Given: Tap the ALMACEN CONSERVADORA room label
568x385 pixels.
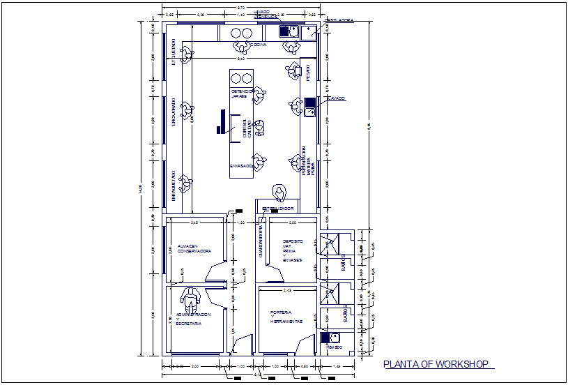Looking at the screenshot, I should click(189, 249).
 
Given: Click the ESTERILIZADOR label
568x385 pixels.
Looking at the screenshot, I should click(278, 209).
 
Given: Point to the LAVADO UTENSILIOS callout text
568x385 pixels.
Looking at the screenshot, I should click(262, 13).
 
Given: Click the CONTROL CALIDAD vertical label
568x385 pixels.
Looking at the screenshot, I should click(246, 130).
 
